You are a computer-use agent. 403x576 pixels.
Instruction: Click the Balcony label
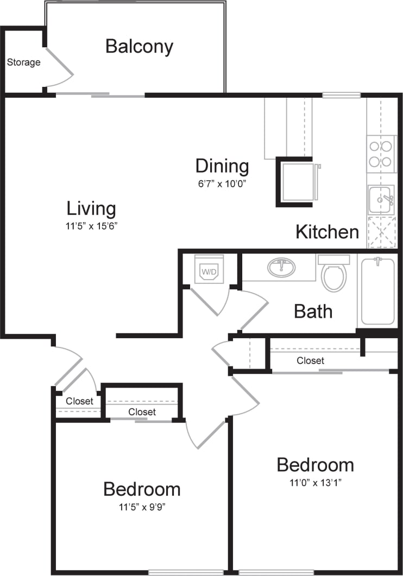click(x=139, y=47)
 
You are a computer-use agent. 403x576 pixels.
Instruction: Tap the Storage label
click(x=23, y=62)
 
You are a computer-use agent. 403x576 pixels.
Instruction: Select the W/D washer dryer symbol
click(x=209, y=270)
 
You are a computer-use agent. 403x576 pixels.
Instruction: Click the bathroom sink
click(x=281, y=268)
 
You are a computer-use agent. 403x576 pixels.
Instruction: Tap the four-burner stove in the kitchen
click(x=380, y=154)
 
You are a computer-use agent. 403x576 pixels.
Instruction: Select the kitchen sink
click(x=381, y=200)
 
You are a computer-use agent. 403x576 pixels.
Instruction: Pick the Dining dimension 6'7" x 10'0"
click(x=222, y=183)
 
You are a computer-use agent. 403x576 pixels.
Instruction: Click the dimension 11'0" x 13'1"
click(x=315, y=482)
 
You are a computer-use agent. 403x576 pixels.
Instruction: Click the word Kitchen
click(x=327, y=232)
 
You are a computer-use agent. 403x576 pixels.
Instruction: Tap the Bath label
click(x=313, y=311)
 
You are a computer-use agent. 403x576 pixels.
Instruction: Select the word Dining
click(x=222, y=166)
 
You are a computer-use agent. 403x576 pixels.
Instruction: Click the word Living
click(x=91, y=208)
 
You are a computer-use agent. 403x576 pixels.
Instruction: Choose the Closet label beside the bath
click(x=310, y=360)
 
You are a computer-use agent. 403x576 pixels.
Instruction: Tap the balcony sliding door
click(x=100, y=96)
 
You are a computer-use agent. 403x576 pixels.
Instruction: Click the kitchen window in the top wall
click(x=341, y=95)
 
